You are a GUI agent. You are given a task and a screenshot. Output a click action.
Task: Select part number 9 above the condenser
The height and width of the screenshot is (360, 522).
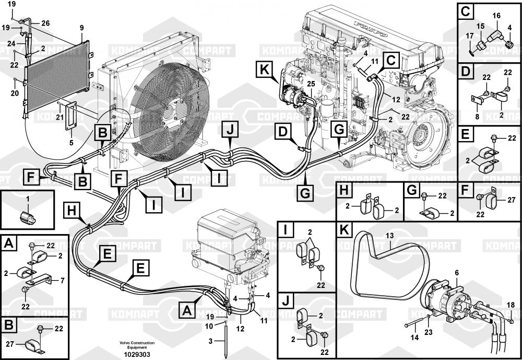point(81,27)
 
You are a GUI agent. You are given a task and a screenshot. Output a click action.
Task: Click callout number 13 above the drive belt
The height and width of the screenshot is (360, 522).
point(389,236)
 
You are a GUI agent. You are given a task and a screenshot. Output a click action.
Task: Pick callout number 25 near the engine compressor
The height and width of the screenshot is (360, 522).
point(311,84)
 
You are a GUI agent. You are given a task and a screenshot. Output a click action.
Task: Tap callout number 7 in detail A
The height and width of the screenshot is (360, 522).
point(62,281)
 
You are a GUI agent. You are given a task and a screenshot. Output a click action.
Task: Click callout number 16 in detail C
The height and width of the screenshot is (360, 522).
point(496,16)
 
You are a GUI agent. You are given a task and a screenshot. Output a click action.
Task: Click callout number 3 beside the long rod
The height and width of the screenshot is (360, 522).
point(211,341)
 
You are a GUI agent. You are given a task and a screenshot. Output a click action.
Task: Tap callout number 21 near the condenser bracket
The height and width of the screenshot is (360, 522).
point(60,117)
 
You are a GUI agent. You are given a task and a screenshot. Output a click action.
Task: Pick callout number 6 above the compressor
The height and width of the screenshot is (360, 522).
point(457,272)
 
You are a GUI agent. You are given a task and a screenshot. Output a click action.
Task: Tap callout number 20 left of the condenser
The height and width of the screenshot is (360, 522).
point(14,93)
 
